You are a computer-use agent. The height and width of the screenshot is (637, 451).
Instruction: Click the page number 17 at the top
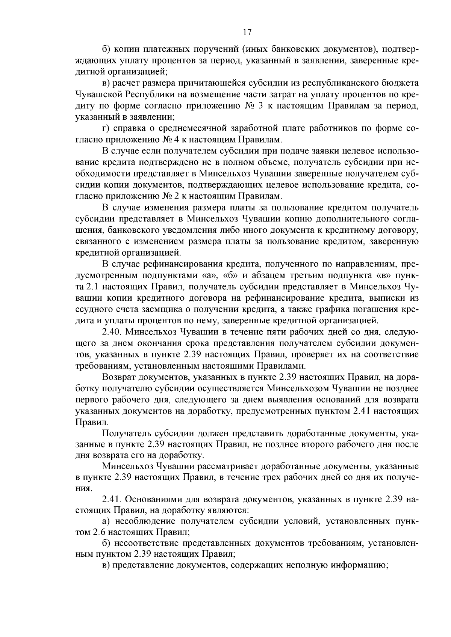(247, 32)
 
